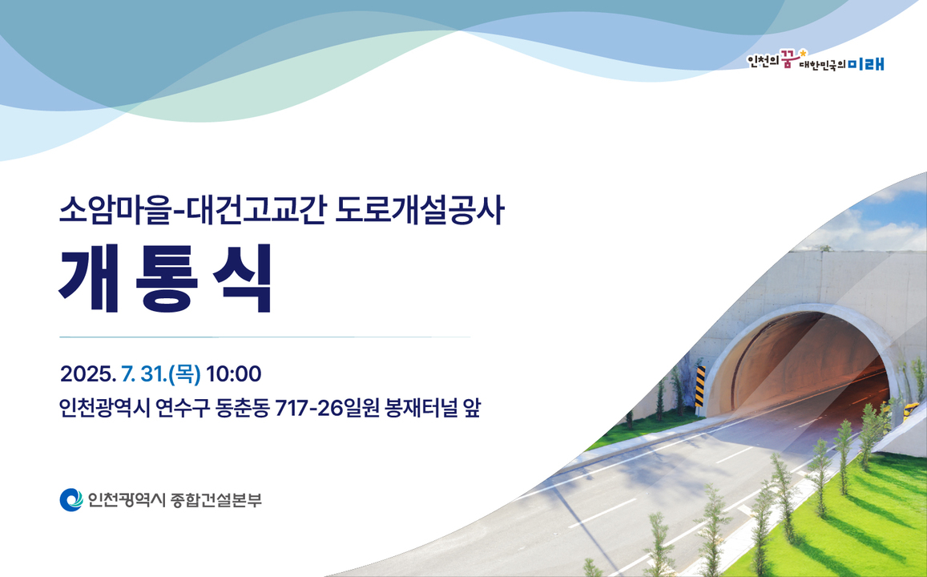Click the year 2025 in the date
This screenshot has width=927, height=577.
point(87,373)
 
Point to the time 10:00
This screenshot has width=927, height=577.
point(234,373)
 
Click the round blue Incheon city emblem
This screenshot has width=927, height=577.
point(71,500)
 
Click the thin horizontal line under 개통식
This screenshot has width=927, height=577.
point(264,337)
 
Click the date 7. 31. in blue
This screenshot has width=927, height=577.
point(142,373)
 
